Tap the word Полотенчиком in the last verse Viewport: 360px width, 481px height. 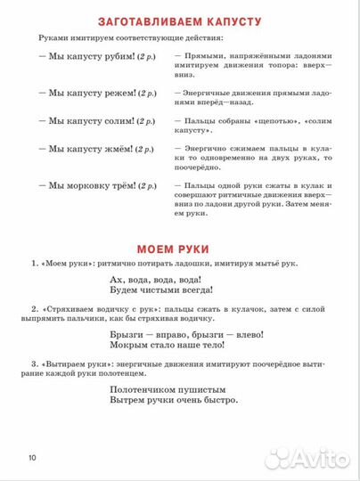point(138,389)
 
